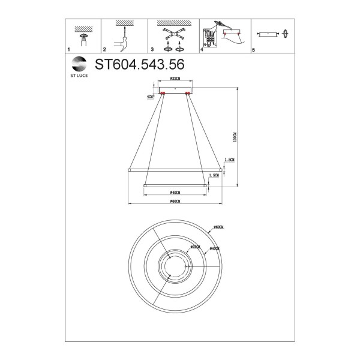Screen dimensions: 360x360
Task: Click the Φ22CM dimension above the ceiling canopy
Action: coord(175,79)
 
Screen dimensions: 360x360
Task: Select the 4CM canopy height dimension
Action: coord(149,95)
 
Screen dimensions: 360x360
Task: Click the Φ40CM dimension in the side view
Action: coord(175,192)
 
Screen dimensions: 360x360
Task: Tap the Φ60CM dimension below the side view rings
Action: coord(175,203)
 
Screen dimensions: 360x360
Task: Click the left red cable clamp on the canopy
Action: coord(162,93)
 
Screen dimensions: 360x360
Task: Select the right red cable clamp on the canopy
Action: coord(187,93)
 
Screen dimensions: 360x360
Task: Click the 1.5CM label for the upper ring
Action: coord(229,160)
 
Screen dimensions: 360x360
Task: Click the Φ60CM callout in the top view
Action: coord(218,227)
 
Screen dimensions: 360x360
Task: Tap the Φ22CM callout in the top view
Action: coord(195,246)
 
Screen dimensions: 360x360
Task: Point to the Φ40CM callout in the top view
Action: coord(214,248)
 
